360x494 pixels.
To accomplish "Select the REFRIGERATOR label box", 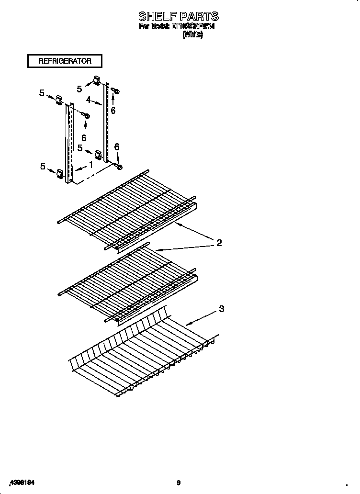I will point(65,61).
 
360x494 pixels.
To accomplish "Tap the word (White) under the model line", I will point(193,35).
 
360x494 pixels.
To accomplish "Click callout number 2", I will point(219,243).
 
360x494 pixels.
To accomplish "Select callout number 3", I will point(221,309).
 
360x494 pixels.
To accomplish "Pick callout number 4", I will point(89,100).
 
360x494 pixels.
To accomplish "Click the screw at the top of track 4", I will point(115,90).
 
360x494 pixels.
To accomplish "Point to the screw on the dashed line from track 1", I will point(86,115).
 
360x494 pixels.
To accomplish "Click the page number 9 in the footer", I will point(178,483).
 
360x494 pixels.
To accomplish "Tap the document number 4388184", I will point(22,482).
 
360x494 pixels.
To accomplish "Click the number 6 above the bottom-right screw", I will point(116,147).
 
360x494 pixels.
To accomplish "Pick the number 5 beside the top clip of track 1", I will point(42,93).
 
